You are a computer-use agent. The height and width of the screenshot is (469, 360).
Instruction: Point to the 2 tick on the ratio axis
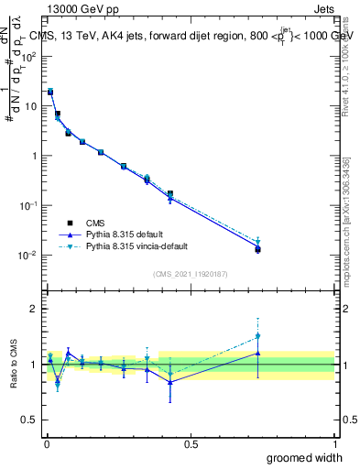pos(34,309)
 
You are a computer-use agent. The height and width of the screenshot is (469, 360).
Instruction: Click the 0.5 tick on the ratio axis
pos(30,420)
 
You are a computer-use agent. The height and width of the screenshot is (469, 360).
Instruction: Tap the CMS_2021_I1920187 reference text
pos(191,273)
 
